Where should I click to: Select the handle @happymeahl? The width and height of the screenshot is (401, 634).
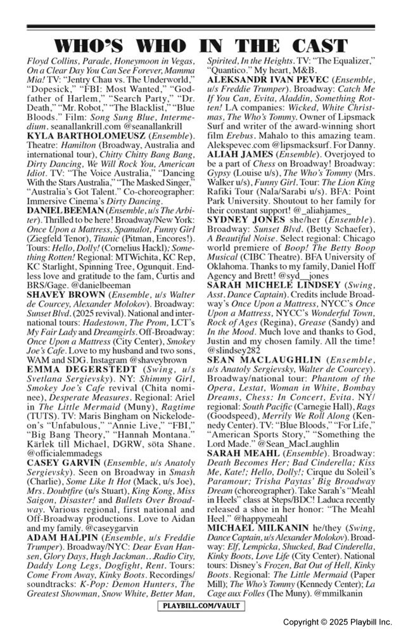pos(260,517)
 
